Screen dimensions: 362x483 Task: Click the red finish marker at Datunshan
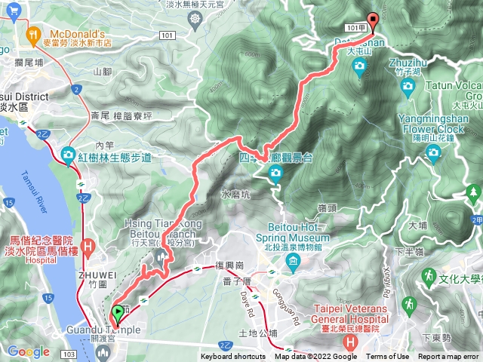pyautogui.click(x=371, y=22)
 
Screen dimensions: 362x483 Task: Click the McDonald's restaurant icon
pyautogui.click(x=32, y=34)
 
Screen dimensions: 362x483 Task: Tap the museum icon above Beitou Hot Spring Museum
pyautogui.click(x=293, y=260)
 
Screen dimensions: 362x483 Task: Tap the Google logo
pyautogui.click(x=28, y=351)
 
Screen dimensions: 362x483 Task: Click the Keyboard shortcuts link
pyautogui.click(x=232, y=357)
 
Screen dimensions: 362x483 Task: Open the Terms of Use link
pyautogui.click(x=388, y=357)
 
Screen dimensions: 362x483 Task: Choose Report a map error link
pyautogui.click(x=448, y=357)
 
